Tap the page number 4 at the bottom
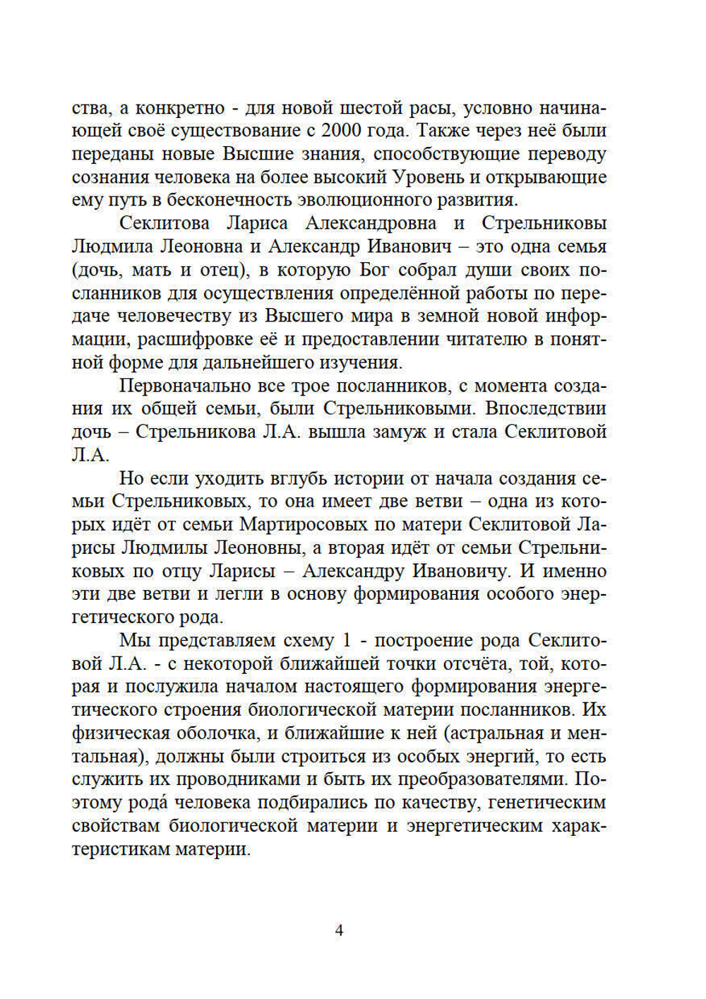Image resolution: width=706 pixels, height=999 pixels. [339, 930]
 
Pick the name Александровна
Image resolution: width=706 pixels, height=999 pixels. [371, 223]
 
